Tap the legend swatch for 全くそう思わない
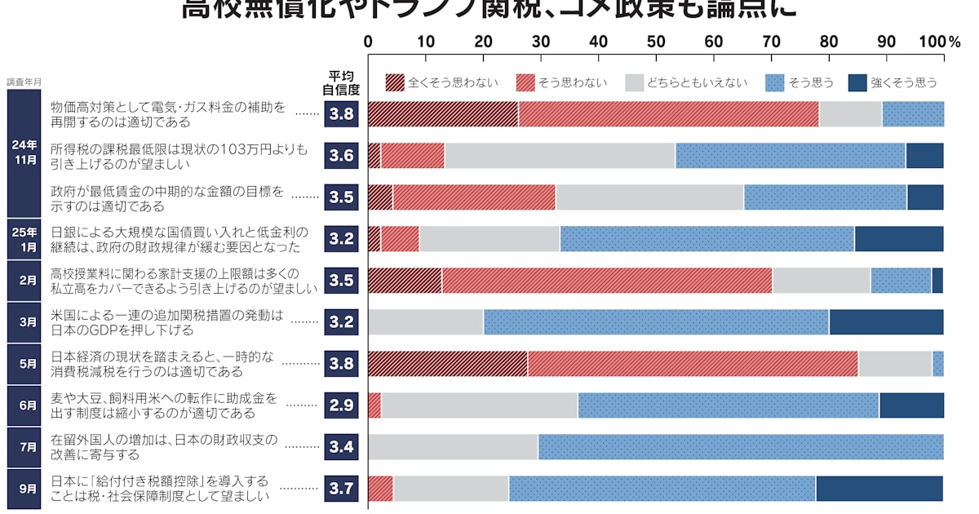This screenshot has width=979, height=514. (395, 82)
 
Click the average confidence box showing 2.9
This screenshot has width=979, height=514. (341, 405)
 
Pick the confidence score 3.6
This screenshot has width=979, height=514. (341, 155)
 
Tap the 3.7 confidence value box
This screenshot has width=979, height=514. (341, 489)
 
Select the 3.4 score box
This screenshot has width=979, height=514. (341, 447)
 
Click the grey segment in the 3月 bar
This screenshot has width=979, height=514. (425, 322)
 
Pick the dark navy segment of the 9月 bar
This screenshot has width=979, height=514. (879, 489)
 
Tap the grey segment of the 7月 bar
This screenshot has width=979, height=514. (453, 447)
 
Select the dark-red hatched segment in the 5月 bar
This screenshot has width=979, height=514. (448, 364)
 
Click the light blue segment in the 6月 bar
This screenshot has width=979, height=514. (728, 405)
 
